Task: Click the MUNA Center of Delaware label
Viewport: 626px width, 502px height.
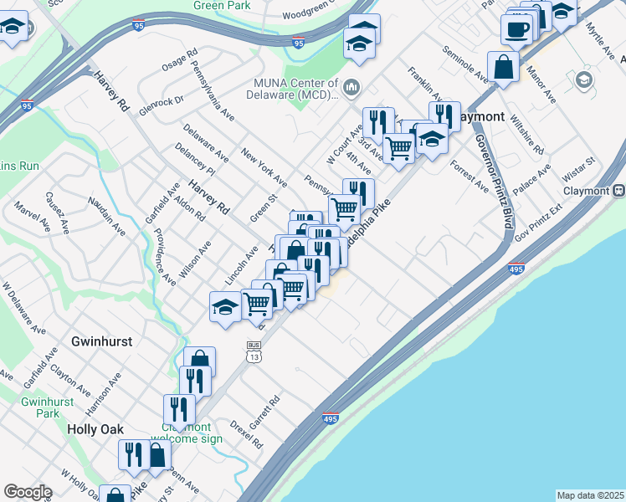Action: coord(296,88)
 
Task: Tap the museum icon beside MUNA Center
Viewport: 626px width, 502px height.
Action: coord(351,85)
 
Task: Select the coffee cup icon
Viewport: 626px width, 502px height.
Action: coord(517,30)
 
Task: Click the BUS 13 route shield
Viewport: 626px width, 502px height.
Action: coord(253,351)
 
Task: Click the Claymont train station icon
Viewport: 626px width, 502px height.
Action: coord(618,190)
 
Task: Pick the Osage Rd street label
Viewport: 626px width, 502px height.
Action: coord(178,62)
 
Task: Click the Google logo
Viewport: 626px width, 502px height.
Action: coord(28,493)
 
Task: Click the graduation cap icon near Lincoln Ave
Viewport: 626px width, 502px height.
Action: coord(225,306)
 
